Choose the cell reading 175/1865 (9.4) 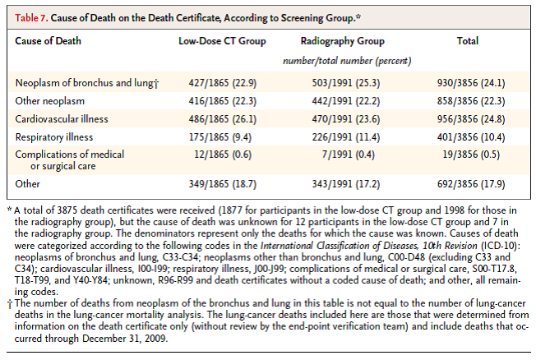212,136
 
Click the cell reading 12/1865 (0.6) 212,154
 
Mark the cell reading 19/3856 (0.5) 469,154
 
